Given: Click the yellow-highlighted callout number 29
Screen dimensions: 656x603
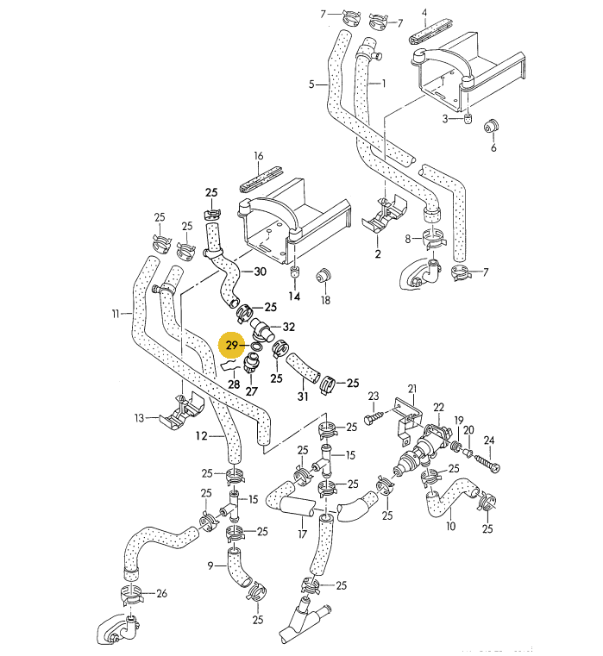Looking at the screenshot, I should point(231,347).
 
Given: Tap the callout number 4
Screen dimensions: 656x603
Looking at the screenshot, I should point(424,13).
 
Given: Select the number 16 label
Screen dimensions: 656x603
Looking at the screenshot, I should point(257,156).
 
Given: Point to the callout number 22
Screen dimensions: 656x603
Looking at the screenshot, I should point(438,407).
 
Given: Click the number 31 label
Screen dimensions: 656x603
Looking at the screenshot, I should point(302,397).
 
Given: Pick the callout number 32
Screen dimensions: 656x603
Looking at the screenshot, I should point(289,328).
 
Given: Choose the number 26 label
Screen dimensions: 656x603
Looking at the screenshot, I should point(161,594).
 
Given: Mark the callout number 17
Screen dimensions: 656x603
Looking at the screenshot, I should point(302,534).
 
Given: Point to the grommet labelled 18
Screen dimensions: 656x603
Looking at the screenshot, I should point(326,276).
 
